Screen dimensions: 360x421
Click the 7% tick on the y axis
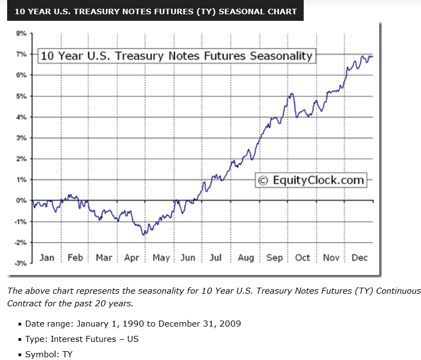21,54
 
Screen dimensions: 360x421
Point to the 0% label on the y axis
21,201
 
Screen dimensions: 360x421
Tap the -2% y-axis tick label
20,242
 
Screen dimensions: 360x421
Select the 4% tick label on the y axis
21,117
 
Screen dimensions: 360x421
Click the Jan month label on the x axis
47,258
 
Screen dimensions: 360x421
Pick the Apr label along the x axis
132,258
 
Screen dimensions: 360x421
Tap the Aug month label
246,258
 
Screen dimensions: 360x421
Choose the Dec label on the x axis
360,258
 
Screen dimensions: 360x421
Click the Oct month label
303,258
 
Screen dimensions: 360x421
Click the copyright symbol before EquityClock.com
264,180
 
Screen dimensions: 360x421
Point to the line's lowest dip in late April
144,235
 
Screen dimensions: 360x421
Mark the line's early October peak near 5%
292,94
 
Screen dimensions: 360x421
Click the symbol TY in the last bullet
66,355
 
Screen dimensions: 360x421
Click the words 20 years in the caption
115,303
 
